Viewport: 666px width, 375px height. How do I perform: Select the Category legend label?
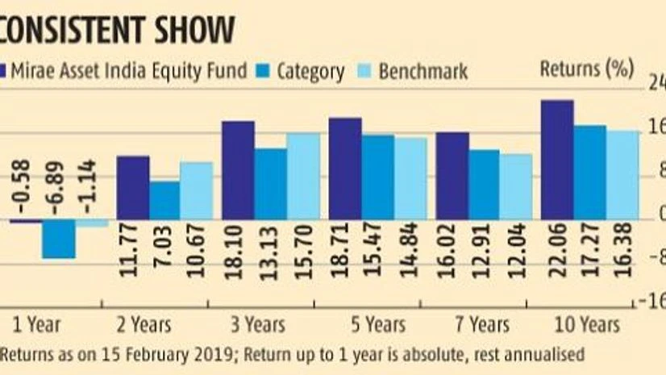pos(310,71)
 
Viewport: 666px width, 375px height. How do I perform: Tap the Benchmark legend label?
pos(423,71)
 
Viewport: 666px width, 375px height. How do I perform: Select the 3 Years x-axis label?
pos(252,324)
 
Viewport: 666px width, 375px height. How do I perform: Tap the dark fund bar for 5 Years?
pos(345,169)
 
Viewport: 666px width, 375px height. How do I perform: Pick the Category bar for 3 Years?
pos(270,183)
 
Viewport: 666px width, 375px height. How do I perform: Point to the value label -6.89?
pos(59,188)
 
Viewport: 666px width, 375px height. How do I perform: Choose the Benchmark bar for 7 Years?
pos(516,186)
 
